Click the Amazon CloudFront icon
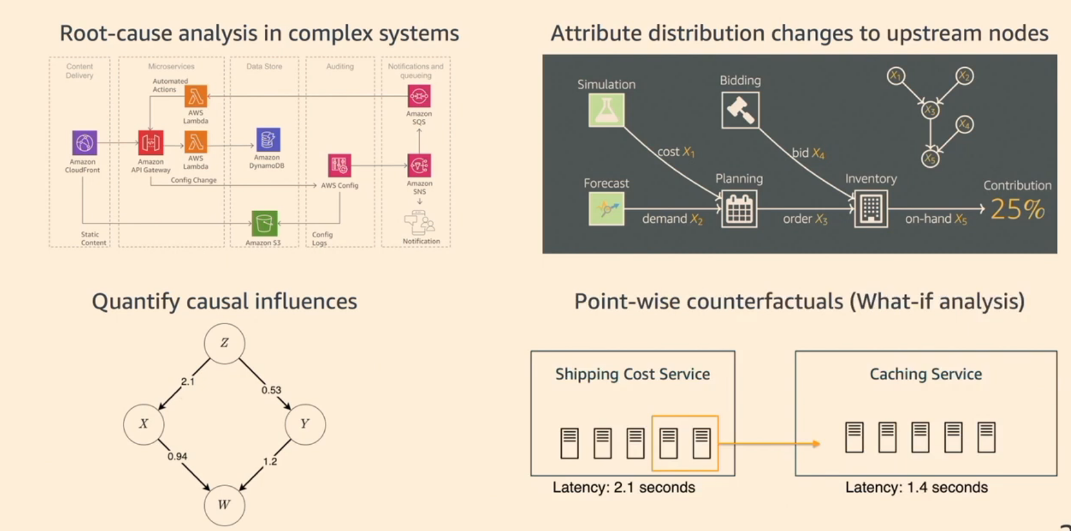tap(84, 142)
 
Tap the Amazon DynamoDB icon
tap(268, 140)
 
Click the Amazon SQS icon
tap(419, 96)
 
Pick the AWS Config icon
tap(339, 166)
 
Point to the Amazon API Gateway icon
tap(150, 143)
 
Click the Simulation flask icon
tap(607, 110)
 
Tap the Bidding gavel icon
tap(740, 110)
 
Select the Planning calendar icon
tap(739, 209)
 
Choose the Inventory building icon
tap(871, 209)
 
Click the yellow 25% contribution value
tap(1017, 210)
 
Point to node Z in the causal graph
tap(224, 343)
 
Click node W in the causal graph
tap(224, 505)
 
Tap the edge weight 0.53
tap(271, 390)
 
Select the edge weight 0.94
tap(177, 456)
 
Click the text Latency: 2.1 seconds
tap(623, 487)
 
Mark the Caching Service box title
tap(925, 374)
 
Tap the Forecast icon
tap(607, 209)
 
